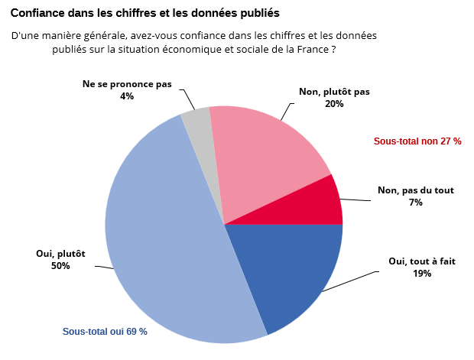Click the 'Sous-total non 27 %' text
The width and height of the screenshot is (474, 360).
(417, 141)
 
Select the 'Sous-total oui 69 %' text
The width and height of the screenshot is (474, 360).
(105, 332)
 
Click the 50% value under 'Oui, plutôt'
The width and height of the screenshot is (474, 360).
(60, 266)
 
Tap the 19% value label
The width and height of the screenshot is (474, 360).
(422, 273)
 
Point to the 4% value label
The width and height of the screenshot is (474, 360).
(127, 96)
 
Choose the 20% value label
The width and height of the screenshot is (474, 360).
(334, 104)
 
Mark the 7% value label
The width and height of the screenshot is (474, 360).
(416, 203)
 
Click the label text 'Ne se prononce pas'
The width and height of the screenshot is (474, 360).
(127, 84)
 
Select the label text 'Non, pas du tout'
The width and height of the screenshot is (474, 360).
(416, 191)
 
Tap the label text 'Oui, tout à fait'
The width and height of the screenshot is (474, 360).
(422, 261)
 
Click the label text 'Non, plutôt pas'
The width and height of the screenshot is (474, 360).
(334, 92)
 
